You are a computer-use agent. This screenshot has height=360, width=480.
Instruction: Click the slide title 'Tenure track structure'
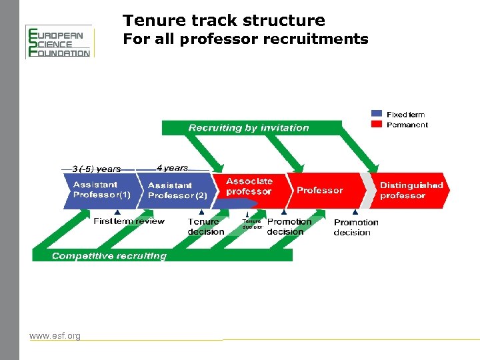pos(224,21)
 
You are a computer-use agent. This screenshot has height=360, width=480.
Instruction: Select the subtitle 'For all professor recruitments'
pos(245,39)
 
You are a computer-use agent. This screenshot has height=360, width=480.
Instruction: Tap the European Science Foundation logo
pos(59,42)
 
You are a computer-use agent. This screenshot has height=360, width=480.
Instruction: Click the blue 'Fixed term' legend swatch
pos(377,115)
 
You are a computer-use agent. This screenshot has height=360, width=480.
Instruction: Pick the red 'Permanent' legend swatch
pos(377,125)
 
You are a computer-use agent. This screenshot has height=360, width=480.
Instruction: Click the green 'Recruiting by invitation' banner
pos(249,128)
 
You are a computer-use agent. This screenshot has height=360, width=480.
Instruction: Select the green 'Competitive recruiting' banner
pos(110,256)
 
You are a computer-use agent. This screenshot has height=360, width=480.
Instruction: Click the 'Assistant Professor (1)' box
pos(101,190)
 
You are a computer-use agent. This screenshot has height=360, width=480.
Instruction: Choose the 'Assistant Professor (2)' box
pos(177,191)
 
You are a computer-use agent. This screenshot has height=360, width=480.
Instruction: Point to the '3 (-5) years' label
pos(96,169)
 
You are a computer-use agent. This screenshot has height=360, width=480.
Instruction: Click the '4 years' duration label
pos(172,168)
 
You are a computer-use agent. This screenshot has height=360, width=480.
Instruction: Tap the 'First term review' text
pos(129,221)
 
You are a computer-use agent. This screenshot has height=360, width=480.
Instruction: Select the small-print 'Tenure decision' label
pos(252,224)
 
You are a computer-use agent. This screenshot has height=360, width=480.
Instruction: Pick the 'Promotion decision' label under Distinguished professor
pos(355,227)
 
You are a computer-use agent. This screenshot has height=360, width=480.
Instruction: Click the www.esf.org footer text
pos(55,335)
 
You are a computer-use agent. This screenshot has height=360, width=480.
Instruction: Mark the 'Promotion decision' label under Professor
pos(289,227)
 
